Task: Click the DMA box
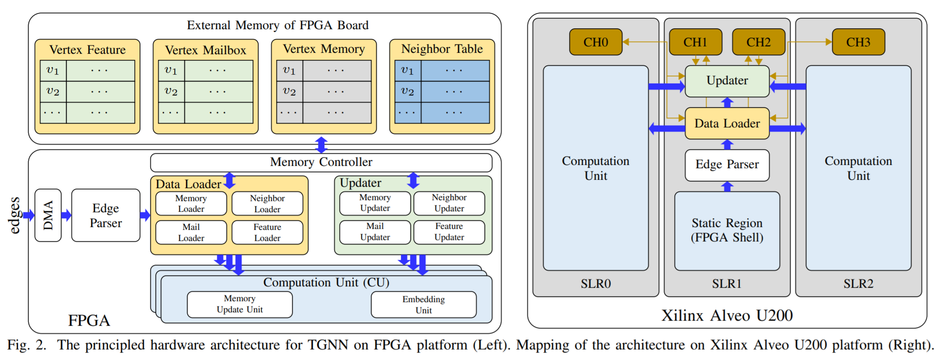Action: pyautogui.click(x=48, y=215)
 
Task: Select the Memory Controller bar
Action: pyautogui.click(x=321, y=162)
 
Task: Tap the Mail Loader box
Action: pyautogui.click(x=191, y=233)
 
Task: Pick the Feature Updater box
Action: pyautogui.click(x=449, y=232)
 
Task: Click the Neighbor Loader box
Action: pyautogui.click(x=267, y=203)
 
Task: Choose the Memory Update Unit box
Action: pyautogui.click(x=240, y=304)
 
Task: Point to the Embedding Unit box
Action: pyautogui.click(x=424, y=305)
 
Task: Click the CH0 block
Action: pyautogui.click(x=596, y=42)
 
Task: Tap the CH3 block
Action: pyautogui.click(x=858, y=42)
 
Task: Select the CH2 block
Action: pyautogui.click(x=758, y=42)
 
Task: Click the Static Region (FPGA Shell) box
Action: pyautogui.click(x=727, y=231)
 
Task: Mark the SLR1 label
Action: pyautogui.click(x=727, y=284)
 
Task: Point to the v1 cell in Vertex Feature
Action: pyautogui.click(x=53, y=70)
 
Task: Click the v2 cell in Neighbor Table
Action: pyautogui.click(x=407, y=91)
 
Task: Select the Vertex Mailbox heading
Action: pyautogui.click(x=205, y=50)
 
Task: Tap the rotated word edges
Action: pyautogui.click(x=15, y=215)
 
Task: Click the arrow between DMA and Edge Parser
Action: pyautogui.click(x=66, y=215)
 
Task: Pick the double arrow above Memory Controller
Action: pyautogui.click(x=321, y=145)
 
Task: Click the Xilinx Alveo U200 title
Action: pyautogui.click(x=727, y=316)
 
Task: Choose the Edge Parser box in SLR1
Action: pyautogui.click(x=727, y=165)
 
